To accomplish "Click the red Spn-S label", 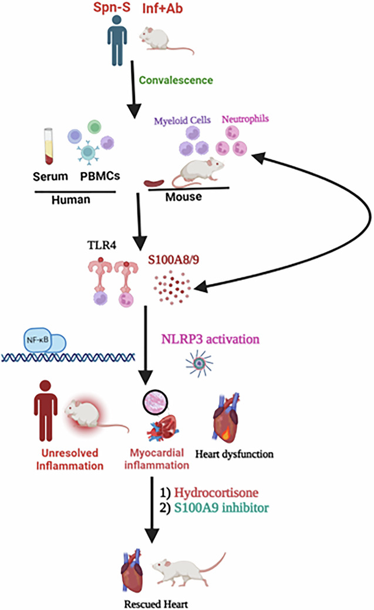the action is (112, 8).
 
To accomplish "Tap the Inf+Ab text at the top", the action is (162, 8).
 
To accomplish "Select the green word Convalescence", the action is (176, 80).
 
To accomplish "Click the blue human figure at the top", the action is (117, 40).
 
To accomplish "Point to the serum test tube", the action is (49, 147).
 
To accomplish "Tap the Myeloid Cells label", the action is (183, 120).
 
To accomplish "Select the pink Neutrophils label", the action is (245, 119).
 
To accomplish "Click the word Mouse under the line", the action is (184, 197).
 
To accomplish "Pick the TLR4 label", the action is (102, 245).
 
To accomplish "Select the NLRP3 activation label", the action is (210, 339).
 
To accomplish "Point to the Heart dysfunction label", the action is (234, 454).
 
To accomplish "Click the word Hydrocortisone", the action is (216, 492).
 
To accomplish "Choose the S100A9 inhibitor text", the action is (221, 508).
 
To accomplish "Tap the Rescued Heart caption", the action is (156, 604).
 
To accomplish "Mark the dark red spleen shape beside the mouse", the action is (154, 182).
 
